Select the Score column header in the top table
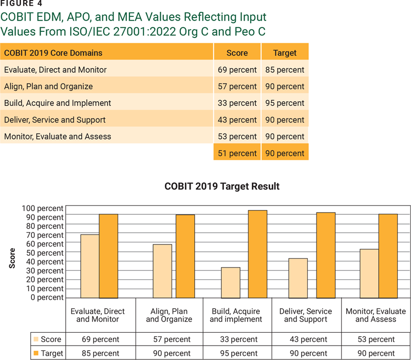coord(237,53)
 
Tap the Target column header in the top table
coord(285,53)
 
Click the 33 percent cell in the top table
coord(237,103)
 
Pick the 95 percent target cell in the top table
coord(285,103)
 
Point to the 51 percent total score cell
coord(237,154)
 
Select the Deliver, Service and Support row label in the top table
coord(54,120)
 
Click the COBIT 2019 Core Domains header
coord(53,53)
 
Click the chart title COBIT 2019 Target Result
coord(222,186)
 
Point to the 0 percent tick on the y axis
coord(46,297)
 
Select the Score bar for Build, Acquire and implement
coord(231,282)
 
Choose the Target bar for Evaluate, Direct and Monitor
coord(108,256)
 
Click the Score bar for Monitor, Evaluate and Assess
coord(369,273)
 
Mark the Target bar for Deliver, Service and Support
coord(326,255)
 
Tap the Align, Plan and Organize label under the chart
coord(169,315)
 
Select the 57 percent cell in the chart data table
coord(169,339)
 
